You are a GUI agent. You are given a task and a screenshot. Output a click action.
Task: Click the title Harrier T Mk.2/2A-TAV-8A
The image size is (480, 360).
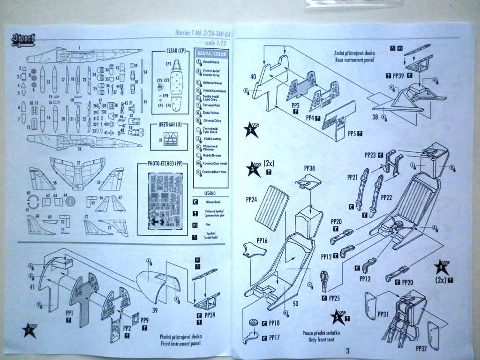point(199,33)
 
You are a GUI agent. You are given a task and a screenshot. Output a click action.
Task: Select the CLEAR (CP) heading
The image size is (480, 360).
point(176,50)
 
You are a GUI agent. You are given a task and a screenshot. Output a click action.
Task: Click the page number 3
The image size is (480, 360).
point(347,350)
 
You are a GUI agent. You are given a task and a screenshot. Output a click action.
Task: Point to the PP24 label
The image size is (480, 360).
point(251,199)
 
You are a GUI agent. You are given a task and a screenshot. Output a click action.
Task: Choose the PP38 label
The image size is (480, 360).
point(310,168)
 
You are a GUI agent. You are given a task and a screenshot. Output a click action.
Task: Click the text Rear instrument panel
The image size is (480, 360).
point(355,60)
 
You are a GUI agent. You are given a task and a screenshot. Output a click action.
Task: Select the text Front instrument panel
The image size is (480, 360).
point(181,342)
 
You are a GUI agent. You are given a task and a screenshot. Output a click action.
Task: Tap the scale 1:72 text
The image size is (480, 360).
point(214,42)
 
